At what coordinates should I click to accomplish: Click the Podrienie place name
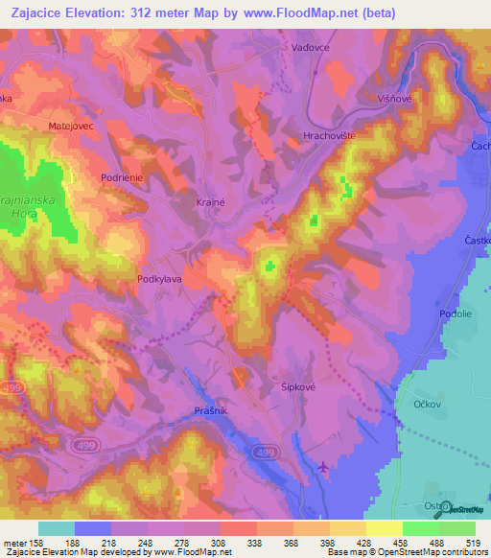tap(123, 177)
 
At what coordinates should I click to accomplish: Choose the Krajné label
tap(213, 204)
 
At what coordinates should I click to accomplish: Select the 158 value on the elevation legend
tap(36, 542)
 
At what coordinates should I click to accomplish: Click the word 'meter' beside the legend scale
tap(13, 542)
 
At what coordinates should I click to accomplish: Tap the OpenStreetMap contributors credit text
tap(436, 552)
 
